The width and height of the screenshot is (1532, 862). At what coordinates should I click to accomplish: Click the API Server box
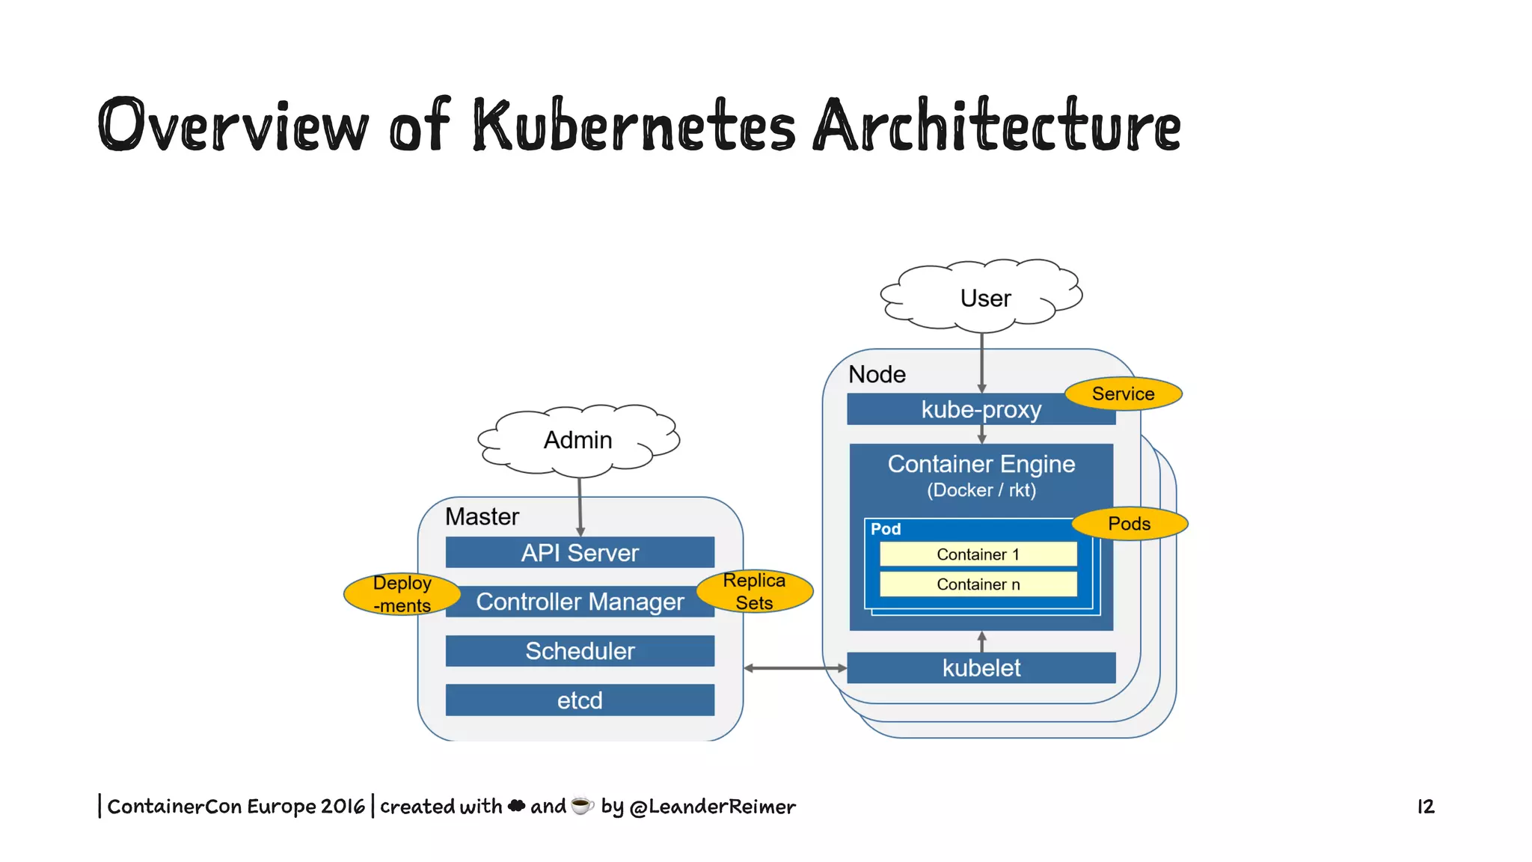580,552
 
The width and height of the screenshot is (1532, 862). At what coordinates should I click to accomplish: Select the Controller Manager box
580,602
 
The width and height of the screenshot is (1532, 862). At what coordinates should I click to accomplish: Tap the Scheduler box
580,651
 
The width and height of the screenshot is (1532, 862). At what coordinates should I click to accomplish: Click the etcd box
580,700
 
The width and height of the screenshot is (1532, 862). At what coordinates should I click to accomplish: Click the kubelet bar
981,667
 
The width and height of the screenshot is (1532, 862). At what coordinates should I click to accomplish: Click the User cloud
984,298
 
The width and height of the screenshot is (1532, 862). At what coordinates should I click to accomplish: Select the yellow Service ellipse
1123,394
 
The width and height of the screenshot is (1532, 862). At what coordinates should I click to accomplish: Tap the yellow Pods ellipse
1129,524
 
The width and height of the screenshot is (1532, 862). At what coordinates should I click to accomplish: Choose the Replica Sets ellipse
754,591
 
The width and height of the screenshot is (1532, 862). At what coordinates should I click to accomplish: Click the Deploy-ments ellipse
402,594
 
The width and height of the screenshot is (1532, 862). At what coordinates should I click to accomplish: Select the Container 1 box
978,554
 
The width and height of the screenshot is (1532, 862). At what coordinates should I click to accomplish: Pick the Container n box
978,584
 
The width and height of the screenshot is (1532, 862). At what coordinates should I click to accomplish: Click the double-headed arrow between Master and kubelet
795,667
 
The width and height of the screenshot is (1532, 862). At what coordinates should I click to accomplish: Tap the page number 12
1426,807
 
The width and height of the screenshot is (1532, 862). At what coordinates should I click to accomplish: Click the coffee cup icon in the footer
582,806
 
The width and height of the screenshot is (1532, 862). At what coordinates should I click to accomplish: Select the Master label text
482,516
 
